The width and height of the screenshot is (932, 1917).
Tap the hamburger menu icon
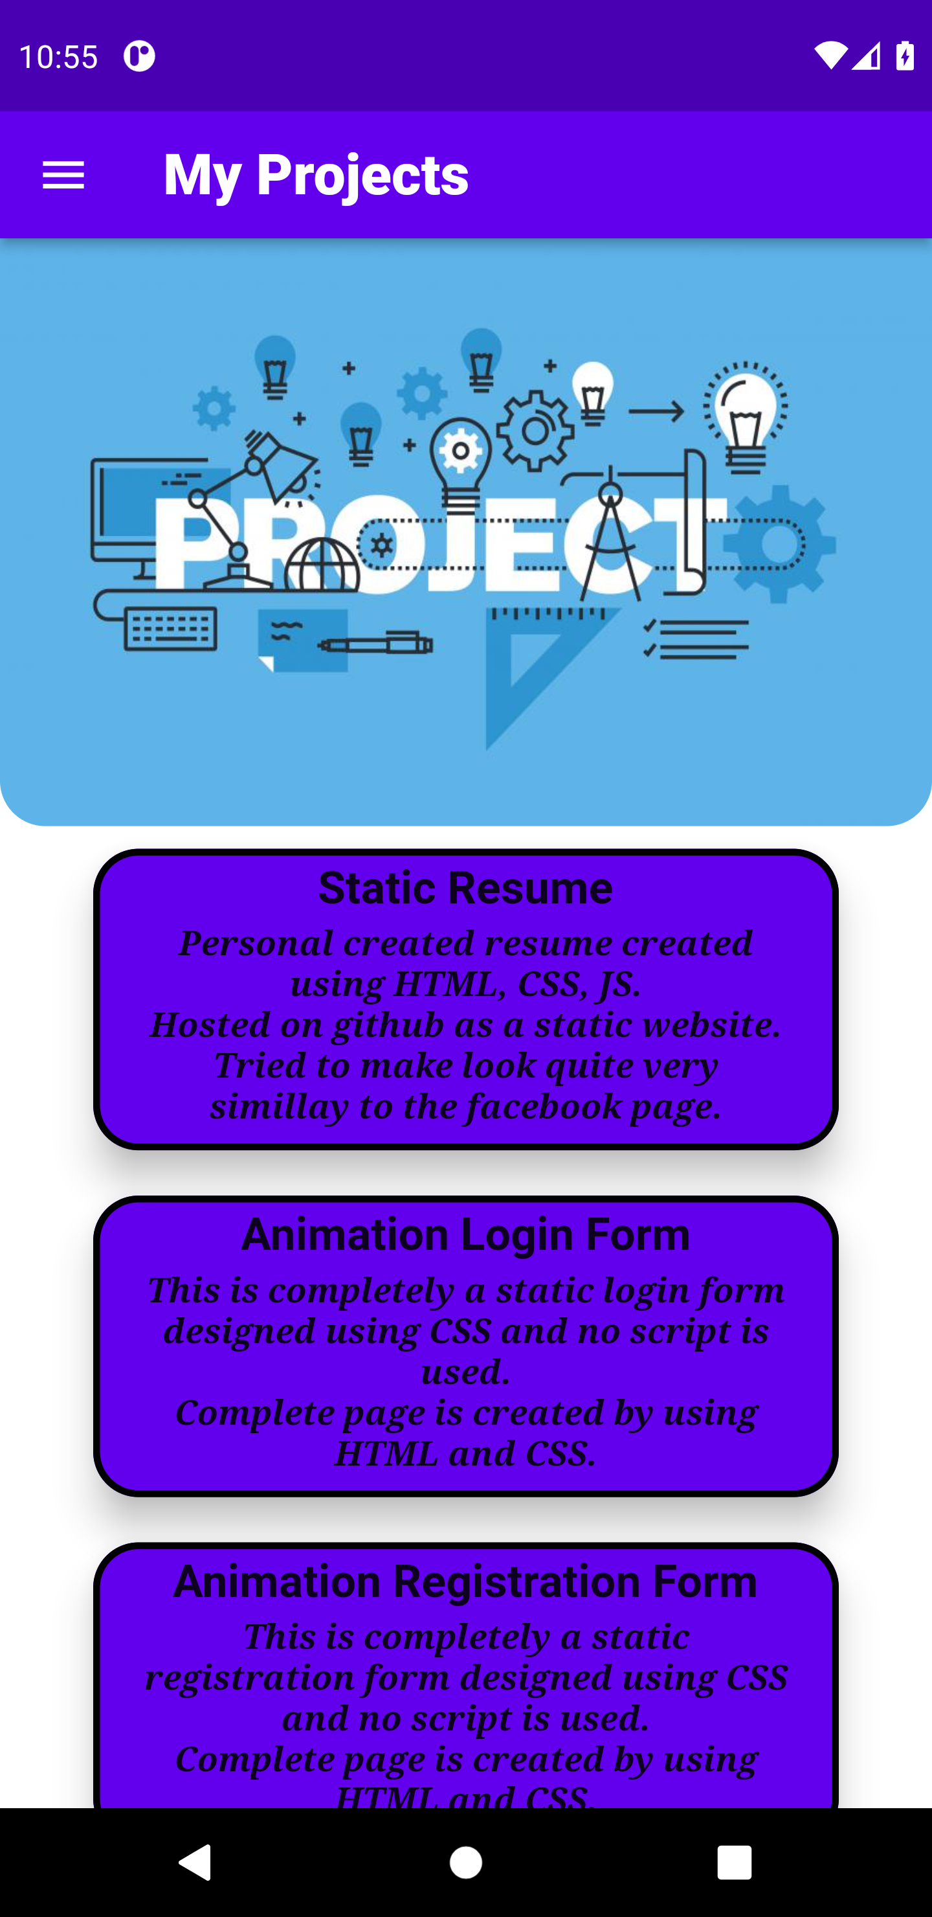tap(63, 176)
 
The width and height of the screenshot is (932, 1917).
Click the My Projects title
tap(315, 175)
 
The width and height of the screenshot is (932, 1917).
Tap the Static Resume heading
tap(465, 888)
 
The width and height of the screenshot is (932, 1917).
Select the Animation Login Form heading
tap(465, 1234)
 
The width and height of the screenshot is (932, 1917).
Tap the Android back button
tap(195, 1863)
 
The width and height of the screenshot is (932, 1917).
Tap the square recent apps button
tap(734, 1863)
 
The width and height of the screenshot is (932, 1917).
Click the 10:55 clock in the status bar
tap(58, 56)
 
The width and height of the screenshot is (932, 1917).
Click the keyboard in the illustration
tap(171, 629)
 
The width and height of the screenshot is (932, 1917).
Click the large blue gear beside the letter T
tap(779, 544)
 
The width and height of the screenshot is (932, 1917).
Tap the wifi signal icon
tap(830, 56)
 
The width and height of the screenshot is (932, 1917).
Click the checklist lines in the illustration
tap(696, 639)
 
